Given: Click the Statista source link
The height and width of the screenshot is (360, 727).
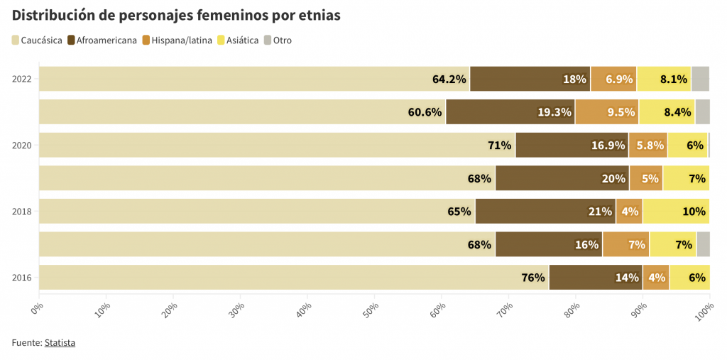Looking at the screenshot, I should pyautogui.click(x=60, y=343).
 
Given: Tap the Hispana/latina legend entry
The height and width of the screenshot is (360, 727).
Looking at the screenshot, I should pyautogui.click(x=177, y=40).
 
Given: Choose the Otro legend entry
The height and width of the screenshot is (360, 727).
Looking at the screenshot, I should pyautogui.click(x=278, y=40).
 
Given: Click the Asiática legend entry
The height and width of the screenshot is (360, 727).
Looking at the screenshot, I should pyautogui.click(x=238, y=40).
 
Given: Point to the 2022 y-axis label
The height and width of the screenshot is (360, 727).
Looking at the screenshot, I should pyautogui.click(x=22, y=79).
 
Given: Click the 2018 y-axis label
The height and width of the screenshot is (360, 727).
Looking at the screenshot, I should pyautogui.click(x=22, y=212).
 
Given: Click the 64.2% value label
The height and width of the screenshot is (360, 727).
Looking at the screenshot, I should pyautogui.click(x=449, y=79).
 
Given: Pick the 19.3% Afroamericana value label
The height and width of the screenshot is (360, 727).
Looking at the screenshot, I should pyautogui.click(x=554, y=112).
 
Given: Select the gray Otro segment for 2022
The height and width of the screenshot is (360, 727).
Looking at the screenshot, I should pyautogui.click(x=700, y=79).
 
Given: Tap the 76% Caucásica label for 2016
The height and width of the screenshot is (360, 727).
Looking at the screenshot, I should pyautogui.click(x=533, y=278).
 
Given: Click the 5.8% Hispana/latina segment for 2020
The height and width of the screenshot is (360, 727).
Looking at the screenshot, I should pyautogui.click(x=647, y=146).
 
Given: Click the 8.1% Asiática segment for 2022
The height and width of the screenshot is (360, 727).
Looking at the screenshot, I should pyautogui.click(x=664, y=79).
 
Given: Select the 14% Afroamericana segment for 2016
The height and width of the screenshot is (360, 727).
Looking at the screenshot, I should pyautogui.click(x=595, y=278).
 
